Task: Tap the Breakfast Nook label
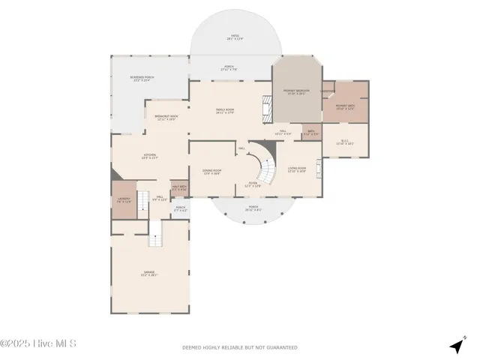[166, 117]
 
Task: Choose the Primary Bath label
[345, 106]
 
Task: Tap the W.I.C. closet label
[345, 142]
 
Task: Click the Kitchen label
[150, 157]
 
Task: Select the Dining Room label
[211, 171]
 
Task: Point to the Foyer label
[253, 184]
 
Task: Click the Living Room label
[297, 169]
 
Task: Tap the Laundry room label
[124, 200]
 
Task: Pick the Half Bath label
[179, 188]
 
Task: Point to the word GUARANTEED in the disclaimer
[282, 348]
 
